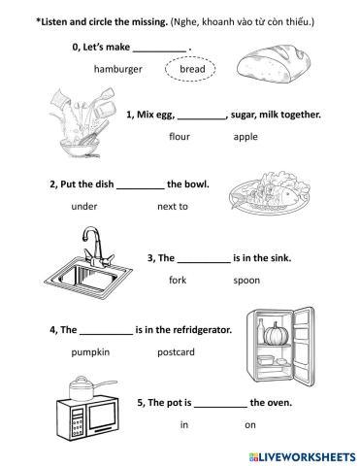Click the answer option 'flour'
coord(180,136)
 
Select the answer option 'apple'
coord(245,137)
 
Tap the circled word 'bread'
coord(192,69)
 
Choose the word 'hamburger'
coord(118,69)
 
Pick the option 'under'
coord(84,207)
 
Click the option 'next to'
coord(173,207)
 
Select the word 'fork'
coord(178,280)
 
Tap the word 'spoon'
coord(246,281)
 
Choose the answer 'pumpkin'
coord(90,352)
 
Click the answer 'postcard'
coord(176,352)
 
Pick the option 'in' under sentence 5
coord(184,424)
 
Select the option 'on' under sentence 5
coord(250,425)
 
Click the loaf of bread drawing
coord(274,63)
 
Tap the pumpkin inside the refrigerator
coord(277,334)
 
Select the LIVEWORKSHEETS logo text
coord(302,457)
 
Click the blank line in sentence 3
coord(204,262)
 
